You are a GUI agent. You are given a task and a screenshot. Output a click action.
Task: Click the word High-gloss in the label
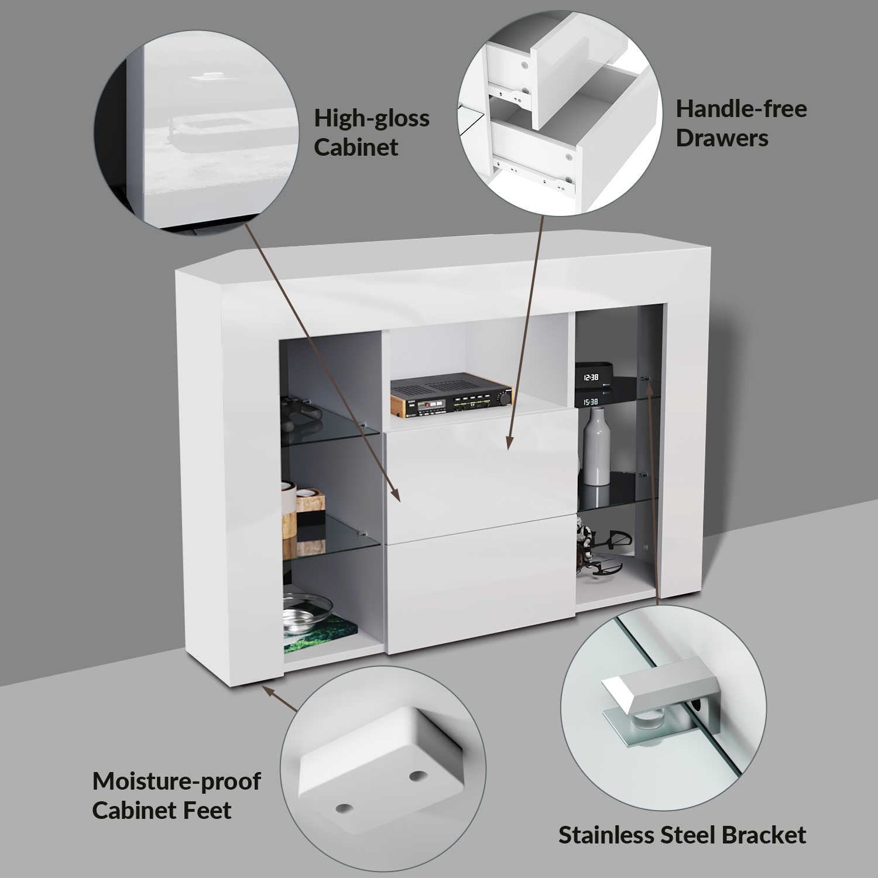coord(372,119)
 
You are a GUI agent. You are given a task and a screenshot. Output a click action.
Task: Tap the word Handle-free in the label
coord(742,108)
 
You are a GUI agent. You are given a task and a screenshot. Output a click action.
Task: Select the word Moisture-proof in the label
coord(177,781)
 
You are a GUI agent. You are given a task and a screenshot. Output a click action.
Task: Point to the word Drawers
coord(722,139)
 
